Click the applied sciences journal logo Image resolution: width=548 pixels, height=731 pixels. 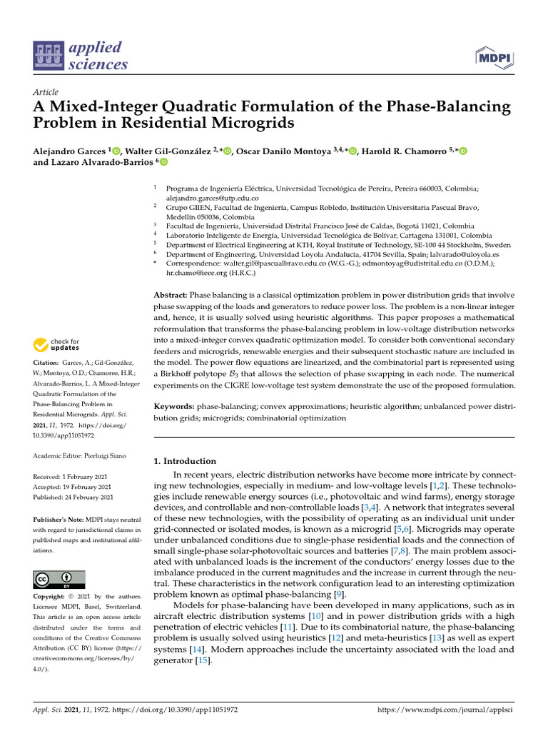(x=81, y=56)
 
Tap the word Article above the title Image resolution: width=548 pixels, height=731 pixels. (x=46, y=93)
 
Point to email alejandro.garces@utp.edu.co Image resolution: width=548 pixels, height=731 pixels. (x=212, y=198)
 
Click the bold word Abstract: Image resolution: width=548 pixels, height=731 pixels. (x=171, y=295)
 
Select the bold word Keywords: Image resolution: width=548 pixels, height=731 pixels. (x=175, y=405)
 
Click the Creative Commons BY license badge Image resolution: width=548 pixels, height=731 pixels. (x=59, y=579)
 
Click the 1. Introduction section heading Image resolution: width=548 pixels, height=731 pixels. (x=185, y=461)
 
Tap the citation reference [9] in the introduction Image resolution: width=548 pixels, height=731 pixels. (x=340, y=594)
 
